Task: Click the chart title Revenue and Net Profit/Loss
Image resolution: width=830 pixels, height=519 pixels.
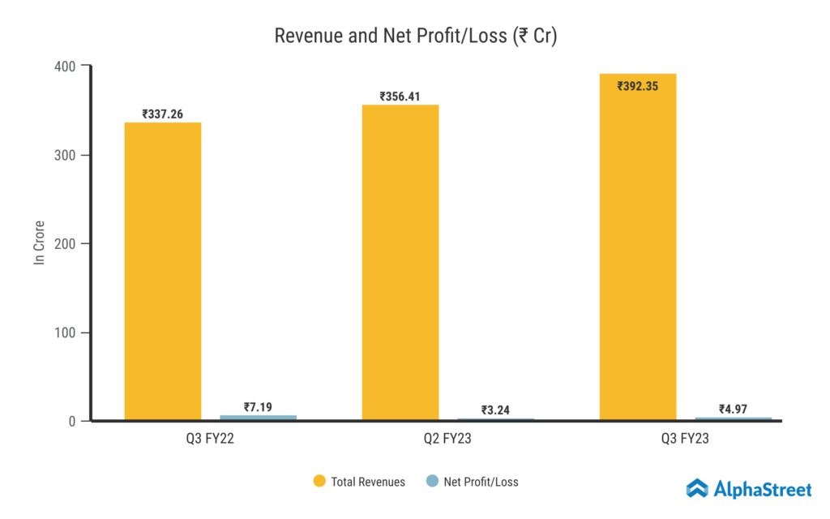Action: [x=415, y=36]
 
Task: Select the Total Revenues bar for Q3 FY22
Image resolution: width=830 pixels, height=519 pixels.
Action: [x=162, y=272]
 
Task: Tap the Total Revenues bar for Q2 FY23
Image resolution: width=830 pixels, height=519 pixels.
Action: [x=400, y=263]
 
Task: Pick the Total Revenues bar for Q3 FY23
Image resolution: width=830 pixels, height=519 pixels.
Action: [x=638, y=247]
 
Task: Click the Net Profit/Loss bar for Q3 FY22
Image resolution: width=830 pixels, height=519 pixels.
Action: [x=258, y=418]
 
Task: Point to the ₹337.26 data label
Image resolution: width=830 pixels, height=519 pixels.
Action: [x=162, y=114]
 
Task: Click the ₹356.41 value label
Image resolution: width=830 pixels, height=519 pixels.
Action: [x=400, y=97]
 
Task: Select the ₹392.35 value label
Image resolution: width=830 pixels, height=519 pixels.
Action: [x=638, y=86]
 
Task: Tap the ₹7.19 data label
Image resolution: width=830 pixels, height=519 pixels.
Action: [x=258, y=407]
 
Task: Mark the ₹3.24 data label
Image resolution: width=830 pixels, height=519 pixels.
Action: [x=496, y=410]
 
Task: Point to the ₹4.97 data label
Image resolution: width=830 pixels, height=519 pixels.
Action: [x=734, y=409]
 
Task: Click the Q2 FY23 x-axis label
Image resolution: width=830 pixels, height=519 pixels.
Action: [x=448, y=440]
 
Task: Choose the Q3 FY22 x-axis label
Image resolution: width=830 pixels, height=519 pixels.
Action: [x=210, y=440]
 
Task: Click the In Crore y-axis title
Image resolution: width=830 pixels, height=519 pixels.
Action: [x=39, y=242]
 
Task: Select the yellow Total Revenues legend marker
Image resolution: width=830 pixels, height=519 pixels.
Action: [x=319, y=482]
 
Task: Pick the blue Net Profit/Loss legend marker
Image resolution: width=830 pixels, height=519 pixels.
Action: [x=432, y=482]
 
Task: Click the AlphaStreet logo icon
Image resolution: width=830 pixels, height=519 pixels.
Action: [x=697, y=488]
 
